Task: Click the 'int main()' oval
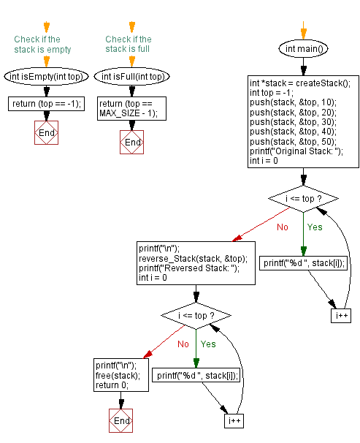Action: (303, 49)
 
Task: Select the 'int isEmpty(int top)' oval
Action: (46, 77)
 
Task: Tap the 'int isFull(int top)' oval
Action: (131, 77)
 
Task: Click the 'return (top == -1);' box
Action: (46, 104)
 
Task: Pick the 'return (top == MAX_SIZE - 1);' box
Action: (131, 108)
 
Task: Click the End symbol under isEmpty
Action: (46, 133)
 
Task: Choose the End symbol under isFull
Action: (131, 142)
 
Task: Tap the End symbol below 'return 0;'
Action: (121, 420)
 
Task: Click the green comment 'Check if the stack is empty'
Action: (42, 45)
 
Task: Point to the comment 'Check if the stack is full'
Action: (129, 44)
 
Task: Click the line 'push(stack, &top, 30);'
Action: (293, 122)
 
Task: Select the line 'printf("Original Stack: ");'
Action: (296, 151)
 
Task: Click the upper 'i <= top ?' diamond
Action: (303, 199)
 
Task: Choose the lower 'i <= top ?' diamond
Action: (196, 316)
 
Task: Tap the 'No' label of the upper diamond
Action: (283, 227)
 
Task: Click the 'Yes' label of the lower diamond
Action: (208, 344)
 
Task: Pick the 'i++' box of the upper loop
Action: (341, 315)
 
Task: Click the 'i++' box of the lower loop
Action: (234, 421)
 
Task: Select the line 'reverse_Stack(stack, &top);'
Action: (194, 259)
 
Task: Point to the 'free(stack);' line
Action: (118, 376)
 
